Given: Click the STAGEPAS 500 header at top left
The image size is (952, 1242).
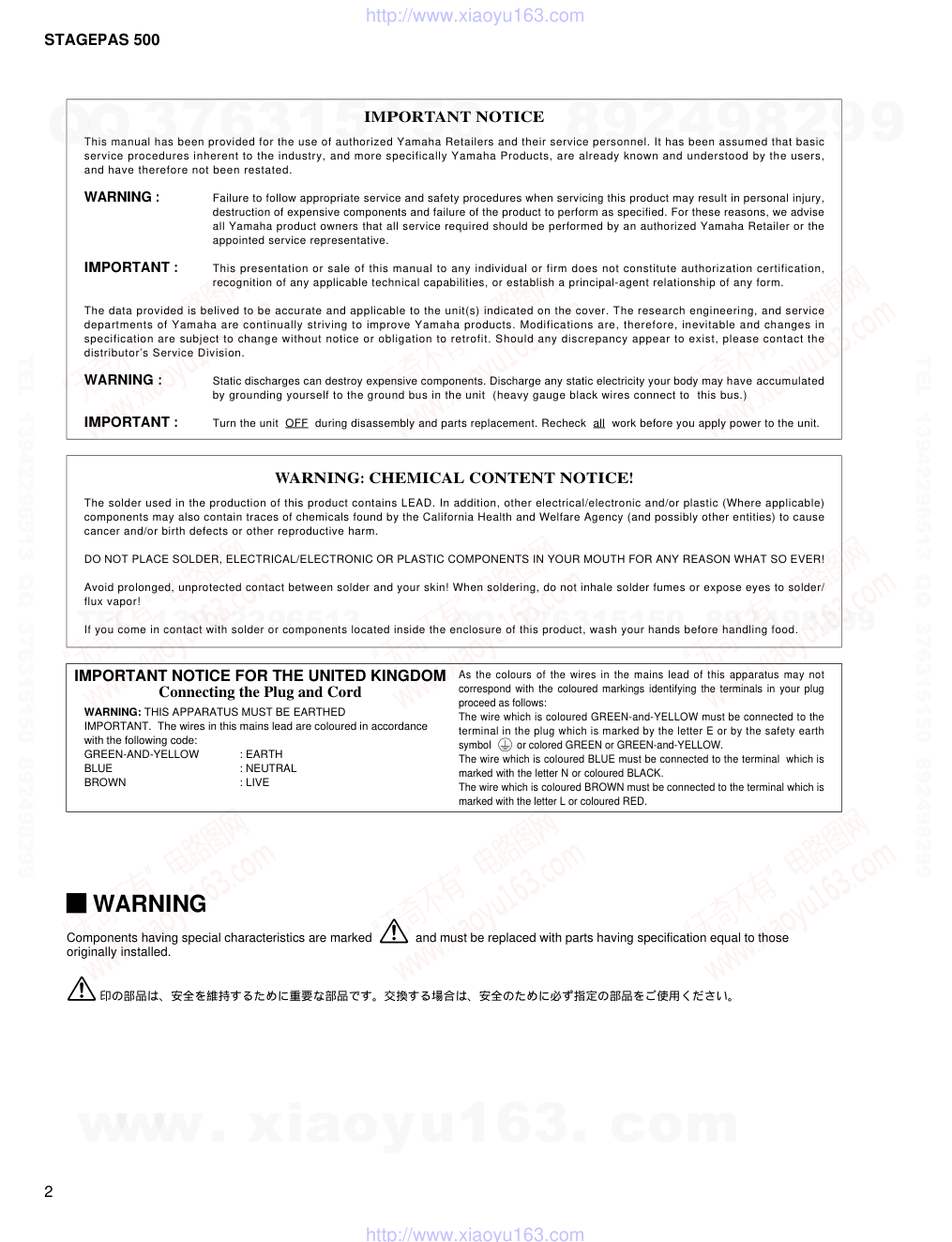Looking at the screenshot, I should (101, 39).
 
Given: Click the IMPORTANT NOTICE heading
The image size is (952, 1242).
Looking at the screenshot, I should (454, 116).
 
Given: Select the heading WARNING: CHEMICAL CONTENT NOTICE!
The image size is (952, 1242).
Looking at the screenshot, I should (454, 477).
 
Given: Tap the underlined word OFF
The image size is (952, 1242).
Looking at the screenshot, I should (296, 423).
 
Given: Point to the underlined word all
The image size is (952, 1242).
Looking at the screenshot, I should (598, 423).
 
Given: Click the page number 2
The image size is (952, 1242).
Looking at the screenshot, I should (49, 1192).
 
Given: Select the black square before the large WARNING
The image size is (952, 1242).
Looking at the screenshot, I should (76, 903).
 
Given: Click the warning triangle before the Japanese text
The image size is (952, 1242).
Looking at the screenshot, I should (82, 989).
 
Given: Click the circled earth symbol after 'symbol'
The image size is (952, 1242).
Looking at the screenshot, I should (506, 745).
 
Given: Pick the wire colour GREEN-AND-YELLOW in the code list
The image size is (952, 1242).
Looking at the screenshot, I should (142, 754).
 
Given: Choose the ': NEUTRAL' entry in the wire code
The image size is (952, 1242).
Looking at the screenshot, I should (268, 768).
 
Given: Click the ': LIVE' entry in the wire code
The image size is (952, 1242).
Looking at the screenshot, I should (254, 782).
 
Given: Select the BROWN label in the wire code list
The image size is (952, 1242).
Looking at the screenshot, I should (105, 782).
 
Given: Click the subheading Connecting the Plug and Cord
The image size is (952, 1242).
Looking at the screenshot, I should (260, 692).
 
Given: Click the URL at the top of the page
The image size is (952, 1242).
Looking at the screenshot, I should (475, 15).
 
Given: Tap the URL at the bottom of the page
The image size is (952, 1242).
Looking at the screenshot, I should (475, 1234).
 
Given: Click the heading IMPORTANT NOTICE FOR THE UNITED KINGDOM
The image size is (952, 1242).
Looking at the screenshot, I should (260, 675).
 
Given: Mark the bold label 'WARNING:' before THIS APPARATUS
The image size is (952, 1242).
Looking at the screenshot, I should (113, 712).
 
